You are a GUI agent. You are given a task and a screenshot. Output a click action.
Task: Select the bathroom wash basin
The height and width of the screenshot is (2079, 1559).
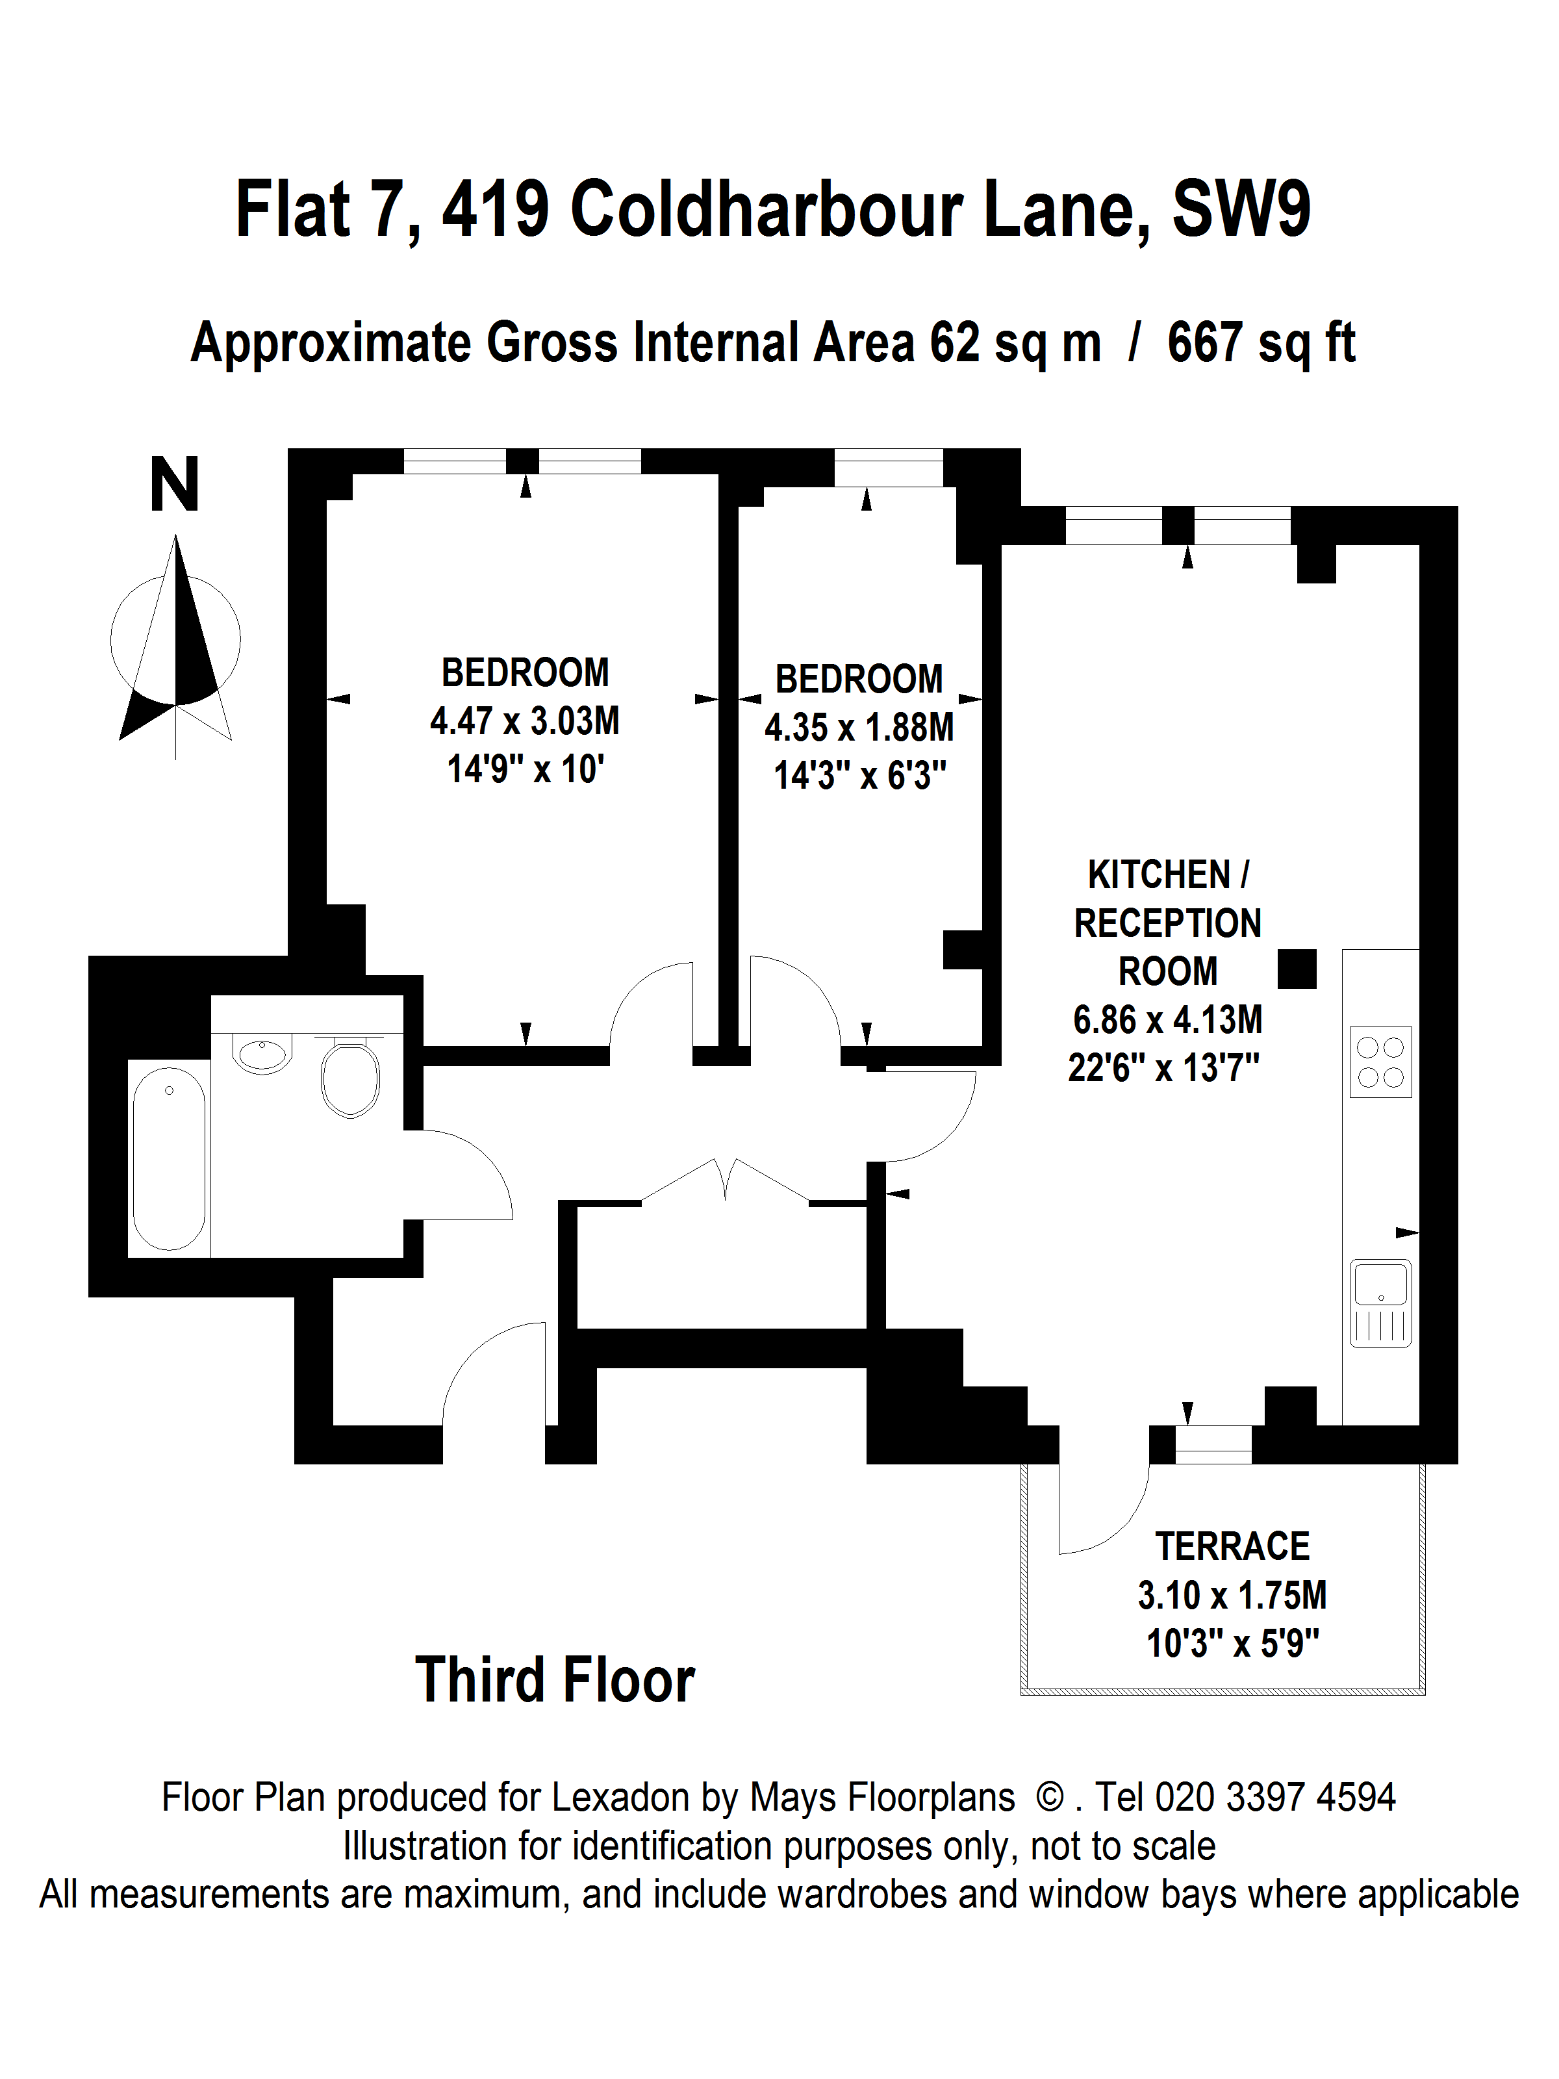coord(262,1054)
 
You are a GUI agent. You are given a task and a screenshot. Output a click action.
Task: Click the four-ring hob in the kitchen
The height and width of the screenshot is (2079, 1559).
coord(1380,1062)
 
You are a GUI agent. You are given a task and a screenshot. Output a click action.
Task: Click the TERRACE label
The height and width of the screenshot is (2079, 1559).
coord(1232,1546)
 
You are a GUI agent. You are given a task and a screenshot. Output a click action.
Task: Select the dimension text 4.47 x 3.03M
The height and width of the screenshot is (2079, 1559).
coord(524,721)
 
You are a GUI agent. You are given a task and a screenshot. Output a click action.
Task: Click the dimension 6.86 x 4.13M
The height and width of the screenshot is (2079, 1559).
coord(1167,1019)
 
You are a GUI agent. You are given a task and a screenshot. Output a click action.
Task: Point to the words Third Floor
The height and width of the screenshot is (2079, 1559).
coord(555,1681)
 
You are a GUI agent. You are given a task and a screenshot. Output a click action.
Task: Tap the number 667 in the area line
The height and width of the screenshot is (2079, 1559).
coord(1206,342)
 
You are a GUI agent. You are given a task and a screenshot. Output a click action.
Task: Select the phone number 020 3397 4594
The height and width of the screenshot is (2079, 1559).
coord(1274,1797)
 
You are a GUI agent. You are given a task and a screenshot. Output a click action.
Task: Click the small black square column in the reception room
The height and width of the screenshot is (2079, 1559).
coord(1297,969)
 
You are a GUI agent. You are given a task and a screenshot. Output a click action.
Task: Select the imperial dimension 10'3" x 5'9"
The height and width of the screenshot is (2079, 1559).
coord(1232,1643)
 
